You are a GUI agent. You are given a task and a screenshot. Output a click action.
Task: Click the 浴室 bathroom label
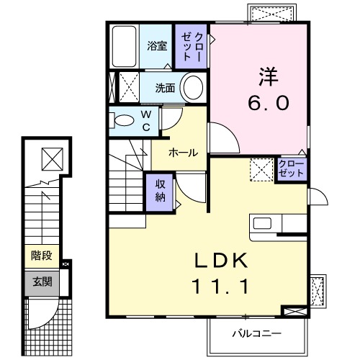coord(157,47)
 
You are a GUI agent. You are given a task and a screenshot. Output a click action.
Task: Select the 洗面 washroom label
coord(166,89)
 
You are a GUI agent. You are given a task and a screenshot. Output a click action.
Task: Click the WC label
coord(145,120)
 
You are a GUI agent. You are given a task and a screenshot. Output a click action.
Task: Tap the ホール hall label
coord(183,153)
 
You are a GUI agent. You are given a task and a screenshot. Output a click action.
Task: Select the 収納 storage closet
coord(161,191)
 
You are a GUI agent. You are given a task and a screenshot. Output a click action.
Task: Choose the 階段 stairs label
coord(40,256)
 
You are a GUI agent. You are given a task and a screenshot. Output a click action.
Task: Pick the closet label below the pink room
coord(291,170)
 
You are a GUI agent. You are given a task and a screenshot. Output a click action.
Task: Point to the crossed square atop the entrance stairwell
coord(52,157)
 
